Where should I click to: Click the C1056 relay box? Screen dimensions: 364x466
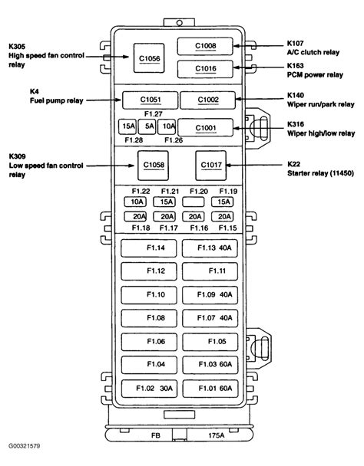click(x=149, y=58)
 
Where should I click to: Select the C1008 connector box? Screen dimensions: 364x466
click(x=205, y=46)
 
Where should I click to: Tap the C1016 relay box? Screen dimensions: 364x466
click(x=205, y=69)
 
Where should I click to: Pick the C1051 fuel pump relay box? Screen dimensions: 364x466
click(x=150, y=100)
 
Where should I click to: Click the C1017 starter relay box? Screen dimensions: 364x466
click(x=211, y=166)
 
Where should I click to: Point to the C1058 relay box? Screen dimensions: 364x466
click(x=153, y=166)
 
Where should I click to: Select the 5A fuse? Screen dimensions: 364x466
click(x=147, y=126)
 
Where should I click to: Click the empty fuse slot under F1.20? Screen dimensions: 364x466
click(x=194, y=202)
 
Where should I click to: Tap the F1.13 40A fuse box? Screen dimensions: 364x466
click(x=210, y=248)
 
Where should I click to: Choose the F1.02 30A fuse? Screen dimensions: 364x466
click(x=149, y=389)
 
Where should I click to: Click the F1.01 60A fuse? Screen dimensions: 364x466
click(x=210, y=389)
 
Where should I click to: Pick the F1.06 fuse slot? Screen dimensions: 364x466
click(x=149, y=342)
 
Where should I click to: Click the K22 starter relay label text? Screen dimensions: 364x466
click(x=320, y=169)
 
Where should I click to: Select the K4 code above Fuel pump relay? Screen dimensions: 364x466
click(x=35, y=91)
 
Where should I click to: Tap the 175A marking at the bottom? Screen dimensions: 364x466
click(x=217, y=435)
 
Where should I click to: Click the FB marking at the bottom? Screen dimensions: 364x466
click(x=155, y=435)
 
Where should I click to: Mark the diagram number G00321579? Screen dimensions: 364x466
click(x=24, y=446)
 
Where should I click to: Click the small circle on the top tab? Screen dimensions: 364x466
click(x=180, y=23)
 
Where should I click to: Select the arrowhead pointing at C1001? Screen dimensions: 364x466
click(x=237, y=129)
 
